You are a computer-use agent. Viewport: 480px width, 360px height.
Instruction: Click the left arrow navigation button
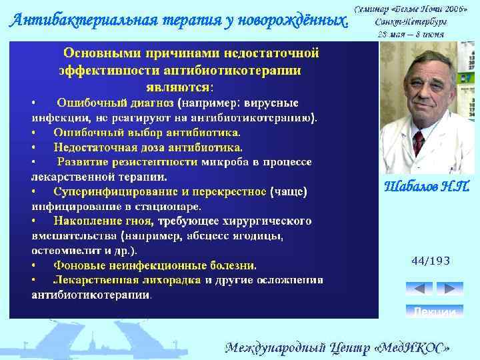pyautogui.click(x=419, y=289)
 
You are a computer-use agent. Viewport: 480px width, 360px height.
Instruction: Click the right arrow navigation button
pyautogui.click(x=449, y=289)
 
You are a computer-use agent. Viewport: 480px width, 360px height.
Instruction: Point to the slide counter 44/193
pyautogui.click(x=431, y=261)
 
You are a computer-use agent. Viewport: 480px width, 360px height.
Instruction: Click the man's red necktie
pyautogui.click(x=419, y=142)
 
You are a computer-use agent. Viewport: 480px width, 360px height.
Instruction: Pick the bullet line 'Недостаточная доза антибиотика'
pyautogui.click(x=148, y=147)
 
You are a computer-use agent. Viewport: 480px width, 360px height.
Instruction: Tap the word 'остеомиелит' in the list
pyautogui.click(x=63, y=251)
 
